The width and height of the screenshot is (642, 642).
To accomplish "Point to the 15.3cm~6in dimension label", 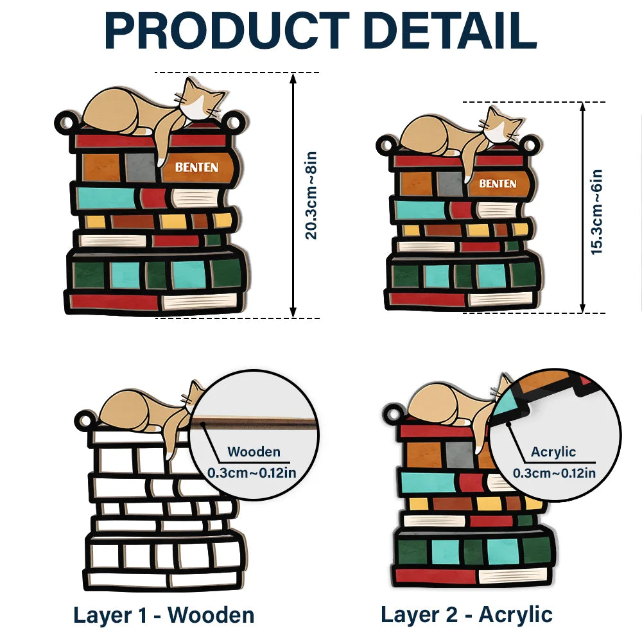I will tap(597, 211).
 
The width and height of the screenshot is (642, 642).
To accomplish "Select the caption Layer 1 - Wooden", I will tap(164, 614).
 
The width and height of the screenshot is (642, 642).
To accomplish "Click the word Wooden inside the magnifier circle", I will tap(254, 451).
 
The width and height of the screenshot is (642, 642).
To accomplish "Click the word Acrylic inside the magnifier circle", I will tap(553, 451).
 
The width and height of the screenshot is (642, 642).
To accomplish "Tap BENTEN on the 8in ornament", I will tap(197, 168).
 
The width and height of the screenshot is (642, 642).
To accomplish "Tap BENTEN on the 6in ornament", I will tap(498, 184).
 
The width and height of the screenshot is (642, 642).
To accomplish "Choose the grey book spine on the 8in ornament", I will tap(140, 167).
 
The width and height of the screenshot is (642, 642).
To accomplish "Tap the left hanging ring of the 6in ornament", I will tap(385, 144).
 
